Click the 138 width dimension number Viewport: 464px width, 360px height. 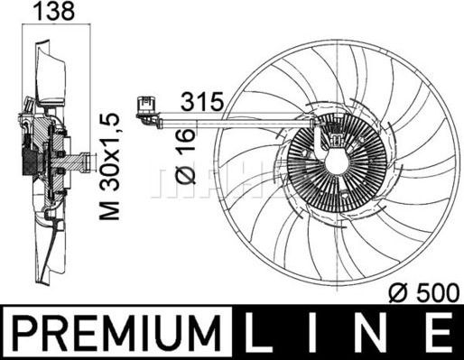(x=55, y=11)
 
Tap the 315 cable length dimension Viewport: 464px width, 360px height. (x=202, y=101)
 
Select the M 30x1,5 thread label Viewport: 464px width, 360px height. (x=110, y=166)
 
